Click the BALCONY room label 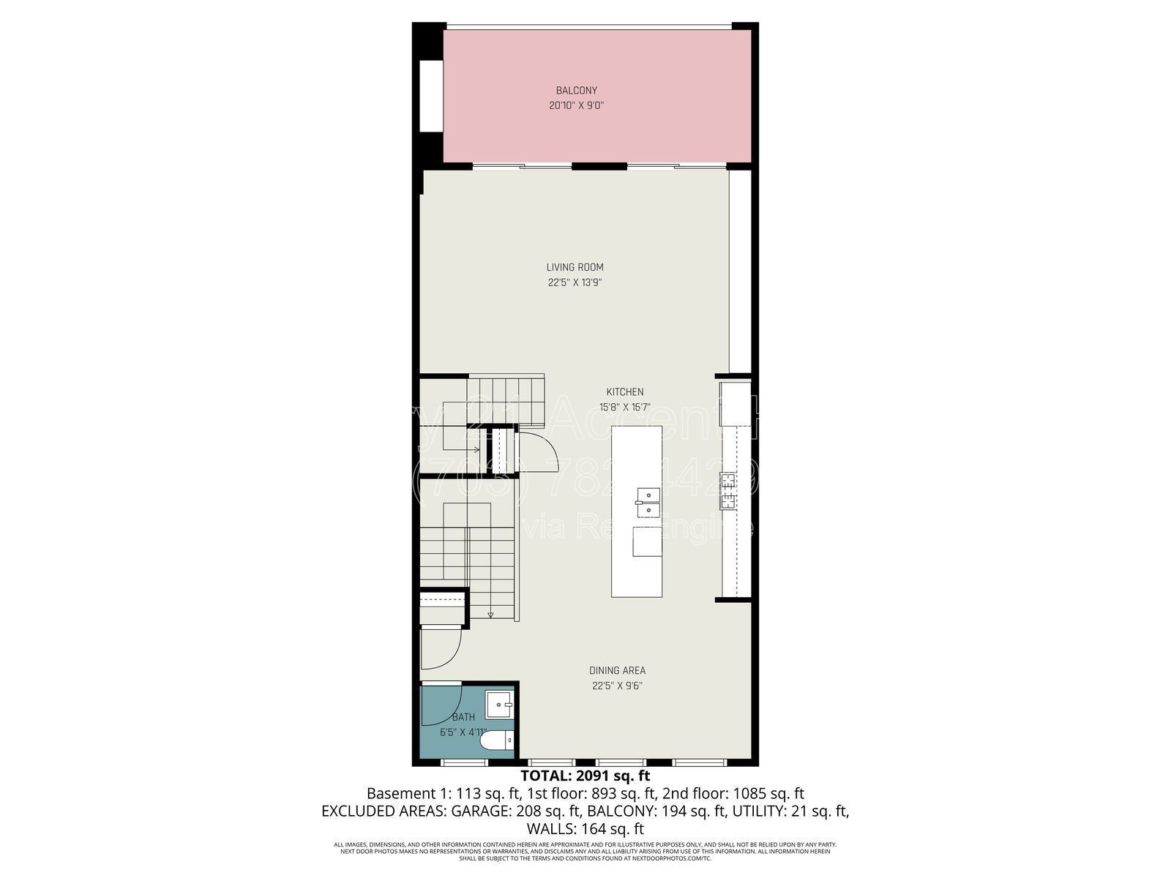[x=576, y=91]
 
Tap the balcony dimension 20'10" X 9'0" [x=576, y=105]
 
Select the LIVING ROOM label [x=575, y=267]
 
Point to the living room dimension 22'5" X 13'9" [x=575, y=282]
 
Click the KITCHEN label [x=624, y=392]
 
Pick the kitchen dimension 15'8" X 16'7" [x=624, y=408]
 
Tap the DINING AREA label [x=617, y=670]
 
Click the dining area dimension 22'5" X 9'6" [x=617, y=686]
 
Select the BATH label [x=463, y=717]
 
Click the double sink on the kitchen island [x=648, y=503]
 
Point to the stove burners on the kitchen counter [x=728, y=490]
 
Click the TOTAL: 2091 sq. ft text [x=585, y=776]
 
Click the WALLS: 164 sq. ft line [x=585, y=829]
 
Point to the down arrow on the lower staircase [x=490, y=615]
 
